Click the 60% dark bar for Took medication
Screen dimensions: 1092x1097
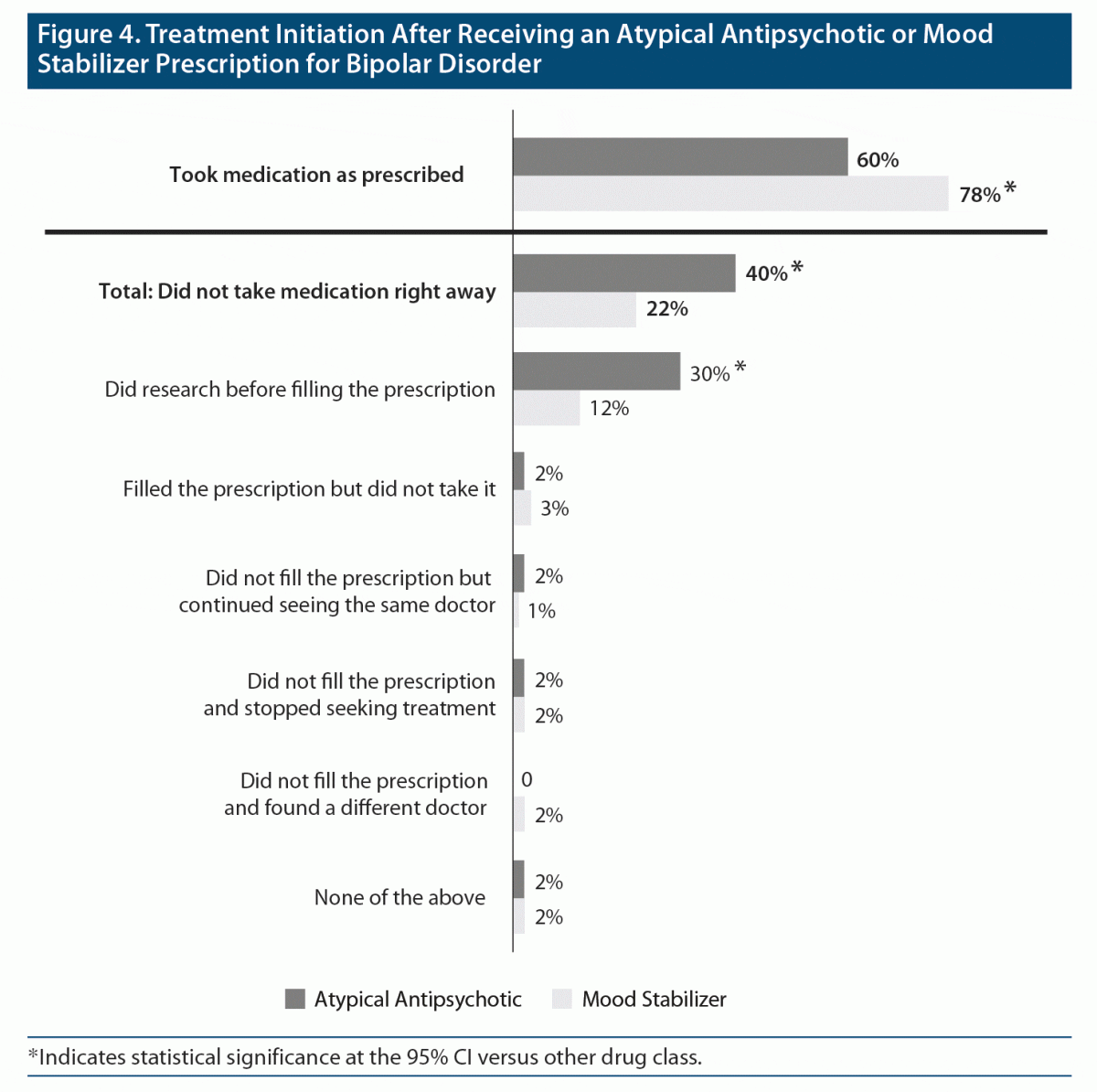(x=680, y=156)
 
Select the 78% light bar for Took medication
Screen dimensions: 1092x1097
(x=730, y=194)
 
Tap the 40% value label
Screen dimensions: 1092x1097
(x=766, y=273)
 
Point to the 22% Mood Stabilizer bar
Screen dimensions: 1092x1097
(x=574, y=309)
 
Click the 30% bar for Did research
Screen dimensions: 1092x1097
(x=596, y=371)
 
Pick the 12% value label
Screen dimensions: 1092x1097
(x=609, y=409)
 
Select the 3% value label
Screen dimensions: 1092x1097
(x=554, y=509)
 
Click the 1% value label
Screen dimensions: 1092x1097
(x=541, y=611)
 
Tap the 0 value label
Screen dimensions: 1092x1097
(x=527, y=780)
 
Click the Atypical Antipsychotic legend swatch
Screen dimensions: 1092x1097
(x=294, y=999)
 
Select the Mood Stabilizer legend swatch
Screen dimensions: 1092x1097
(x=562, y=999)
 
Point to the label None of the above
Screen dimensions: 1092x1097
(x=399, y=897)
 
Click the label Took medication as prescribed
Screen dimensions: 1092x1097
(x=316, y=175)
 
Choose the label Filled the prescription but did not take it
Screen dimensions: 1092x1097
(x=309, y=489)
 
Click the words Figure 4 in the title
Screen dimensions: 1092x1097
(x=88, y=35)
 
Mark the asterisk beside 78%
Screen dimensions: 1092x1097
(x=1010, y=189)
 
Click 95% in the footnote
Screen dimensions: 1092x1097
(x=426, y=1057)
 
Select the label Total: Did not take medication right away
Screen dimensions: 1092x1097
(x=297, y=292)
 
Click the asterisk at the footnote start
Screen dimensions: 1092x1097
(x=34, y=1055)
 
